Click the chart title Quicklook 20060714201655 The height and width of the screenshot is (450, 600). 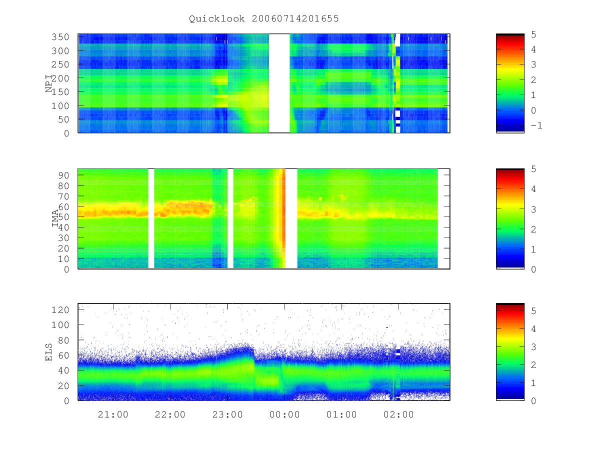264,18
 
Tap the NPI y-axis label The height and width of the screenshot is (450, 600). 49,83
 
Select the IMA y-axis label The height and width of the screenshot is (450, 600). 55,218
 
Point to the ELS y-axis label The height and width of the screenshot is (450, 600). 48,352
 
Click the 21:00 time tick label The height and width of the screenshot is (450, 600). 113,414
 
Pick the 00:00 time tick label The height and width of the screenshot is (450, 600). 284,414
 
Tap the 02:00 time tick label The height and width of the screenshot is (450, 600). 398,414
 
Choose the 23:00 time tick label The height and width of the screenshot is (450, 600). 227,414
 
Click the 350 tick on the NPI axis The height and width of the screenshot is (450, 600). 60,37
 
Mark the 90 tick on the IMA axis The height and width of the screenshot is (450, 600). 63,175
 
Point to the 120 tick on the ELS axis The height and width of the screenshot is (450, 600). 60,310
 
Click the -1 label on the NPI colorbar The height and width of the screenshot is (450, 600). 536,125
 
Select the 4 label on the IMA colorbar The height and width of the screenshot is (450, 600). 533,189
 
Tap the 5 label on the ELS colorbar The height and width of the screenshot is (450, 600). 533,311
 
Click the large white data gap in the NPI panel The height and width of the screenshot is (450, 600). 279,83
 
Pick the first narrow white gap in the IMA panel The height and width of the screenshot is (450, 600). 151,218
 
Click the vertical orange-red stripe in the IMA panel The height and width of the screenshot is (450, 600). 283,218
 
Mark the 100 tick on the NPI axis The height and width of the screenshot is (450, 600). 60,105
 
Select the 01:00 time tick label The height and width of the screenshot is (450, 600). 341,414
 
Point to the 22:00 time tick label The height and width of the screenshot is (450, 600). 170,414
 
